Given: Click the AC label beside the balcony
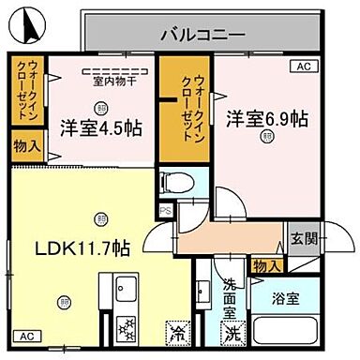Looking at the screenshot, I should click(303, 67).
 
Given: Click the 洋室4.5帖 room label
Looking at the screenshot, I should click(103, 127).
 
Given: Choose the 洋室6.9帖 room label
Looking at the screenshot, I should click(267, 118).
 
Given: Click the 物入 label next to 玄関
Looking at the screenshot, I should click(266, 267).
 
